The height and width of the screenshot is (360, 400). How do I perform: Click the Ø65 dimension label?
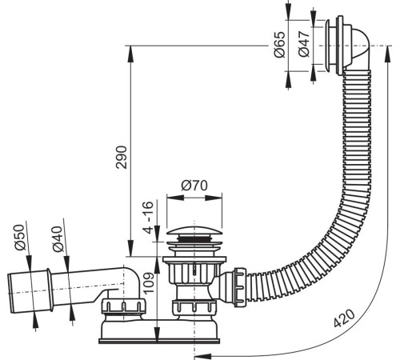[x=280, y=45]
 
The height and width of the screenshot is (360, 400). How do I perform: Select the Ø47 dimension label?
[x=304, y=44]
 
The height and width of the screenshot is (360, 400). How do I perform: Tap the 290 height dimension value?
[x=122, y=157]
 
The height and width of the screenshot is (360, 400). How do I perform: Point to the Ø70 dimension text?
[x=194, y=186]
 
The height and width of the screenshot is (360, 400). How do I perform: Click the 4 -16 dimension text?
[x=147, y=217]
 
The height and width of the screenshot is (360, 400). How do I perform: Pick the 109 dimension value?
[x=149, y=282]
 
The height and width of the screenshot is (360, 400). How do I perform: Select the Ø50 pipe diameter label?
[x=20, y=238]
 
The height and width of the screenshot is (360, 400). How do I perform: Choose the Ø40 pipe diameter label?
[x=58, y=239]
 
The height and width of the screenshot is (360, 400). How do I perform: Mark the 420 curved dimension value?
[x=345, y=318]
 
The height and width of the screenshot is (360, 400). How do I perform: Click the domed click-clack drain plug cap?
[x=194, y=231]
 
